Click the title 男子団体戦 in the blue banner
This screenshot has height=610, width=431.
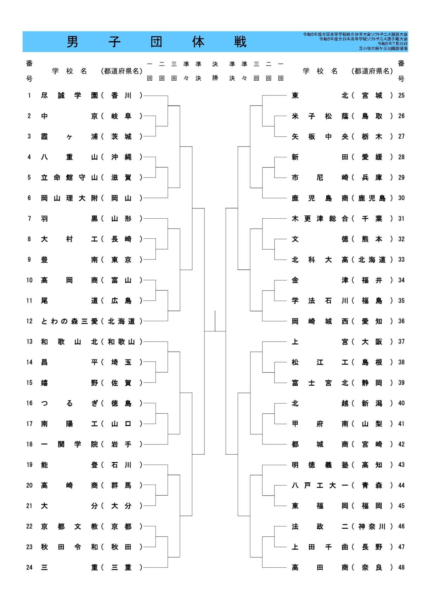point(156,42)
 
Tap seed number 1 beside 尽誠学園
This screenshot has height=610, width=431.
point(29,95)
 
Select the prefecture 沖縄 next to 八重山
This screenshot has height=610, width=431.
point(121,157)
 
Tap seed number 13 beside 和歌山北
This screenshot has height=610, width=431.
point(29,342)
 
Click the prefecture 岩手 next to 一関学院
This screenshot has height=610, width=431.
point(121,444)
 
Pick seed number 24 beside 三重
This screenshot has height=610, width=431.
point(29,567)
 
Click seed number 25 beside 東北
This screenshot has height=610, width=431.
point(401,95)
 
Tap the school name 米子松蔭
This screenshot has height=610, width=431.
point(320,116)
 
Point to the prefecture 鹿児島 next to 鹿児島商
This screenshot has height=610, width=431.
point(372,198)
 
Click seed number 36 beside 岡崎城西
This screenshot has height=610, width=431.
point(401,321)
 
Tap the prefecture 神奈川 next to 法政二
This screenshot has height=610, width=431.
point(372,527)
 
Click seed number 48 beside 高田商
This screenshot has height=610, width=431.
point(401,567)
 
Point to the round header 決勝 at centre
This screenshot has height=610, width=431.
point(215,71)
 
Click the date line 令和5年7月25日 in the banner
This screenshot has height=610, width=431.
point(392,43)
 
